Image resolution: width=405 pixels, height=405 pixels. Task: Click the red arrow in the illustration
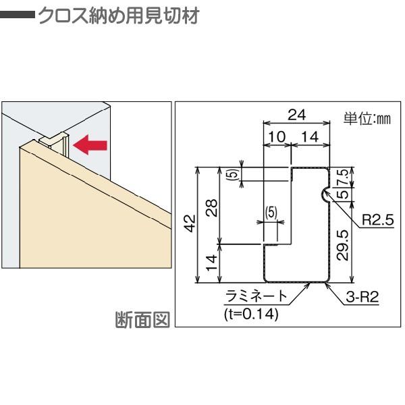(89, 143)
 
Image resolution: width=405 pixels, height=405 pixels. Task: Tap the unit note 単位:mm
(367, 119)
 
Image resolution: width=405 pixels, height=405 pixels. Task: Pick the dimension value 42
(190, 221)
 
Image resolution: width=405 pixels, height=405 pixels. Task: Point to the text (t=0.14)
(250, 313)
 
